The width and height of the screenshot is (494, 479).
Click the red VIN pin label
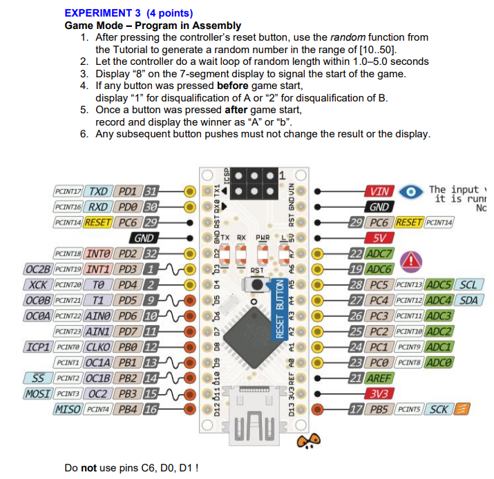(x=379, y=191)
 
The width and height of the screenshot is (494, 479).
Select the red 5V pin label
(x=379, y=237)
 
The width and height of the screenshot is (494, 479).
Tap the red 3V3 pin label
(x=379, y=394)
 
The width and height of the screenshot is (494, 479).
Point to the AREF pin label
(x=379, y=378)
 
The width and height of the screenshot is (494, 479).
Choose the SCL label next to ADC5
(x=468, y=284)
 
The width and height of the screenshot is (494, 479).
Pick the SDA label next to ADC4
(x=468, y=300)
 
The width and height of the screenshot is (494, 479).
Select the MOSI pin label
(x=37, y=393)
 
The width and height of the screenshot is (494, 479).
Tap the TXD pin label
(x=99, y=190)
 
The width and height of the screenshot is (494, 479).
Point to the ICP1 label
(x=35, y=346)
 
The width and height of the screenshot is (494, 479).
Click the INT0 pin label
(x=99, y=253)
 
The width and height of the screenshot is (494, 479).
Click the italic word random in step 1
(x=348, y=37)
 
